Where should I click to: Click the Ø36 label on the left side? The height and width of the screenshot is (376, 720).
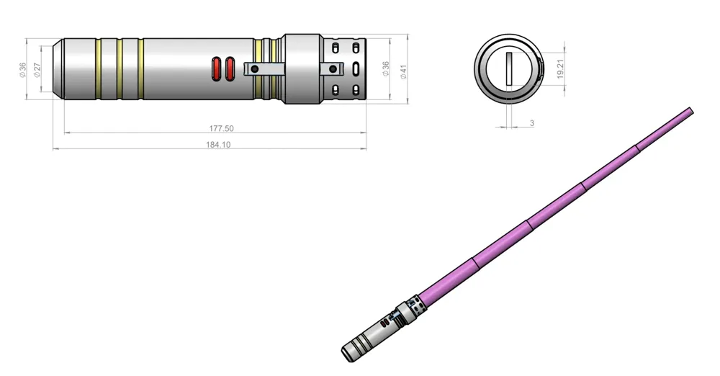pyautogui.click(x=22, y=70)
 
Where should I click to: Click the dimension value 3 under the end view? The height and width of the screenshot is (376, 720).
pyautogui.click(x=532, y=123)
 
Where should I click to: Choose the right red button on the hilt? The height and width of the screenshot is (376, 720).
pyautogui.click(x=230, y=69)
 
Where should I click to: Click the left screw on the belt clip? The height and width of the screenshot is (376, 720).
pyautogui.click(x=252, y=69)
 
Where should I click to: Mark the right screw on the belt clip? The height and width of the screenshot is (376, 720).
pyautogui.click(x=332, y=69)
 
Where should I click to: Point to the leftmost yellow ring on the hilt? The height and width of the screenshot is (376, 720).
pyautogui.click(x=98, y=69)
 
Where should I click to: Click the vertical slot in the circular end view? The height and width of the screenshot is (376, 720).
pyautogui.click(x=508, y=68)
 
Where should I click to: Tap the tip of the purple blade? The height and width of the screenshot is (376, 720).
pyautogui.click(x=690, y=110)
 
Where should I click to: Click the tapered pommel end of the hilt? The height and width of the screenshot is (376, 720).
pyautogui.click(x=58, y=69)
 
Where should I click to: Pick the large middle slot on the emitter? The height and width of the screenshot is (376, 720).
pyautogui.click(x=356, y=69)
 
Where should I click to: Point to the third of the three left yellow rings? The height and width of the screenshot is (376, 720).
pyautogui.click(x=141, y=69)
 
